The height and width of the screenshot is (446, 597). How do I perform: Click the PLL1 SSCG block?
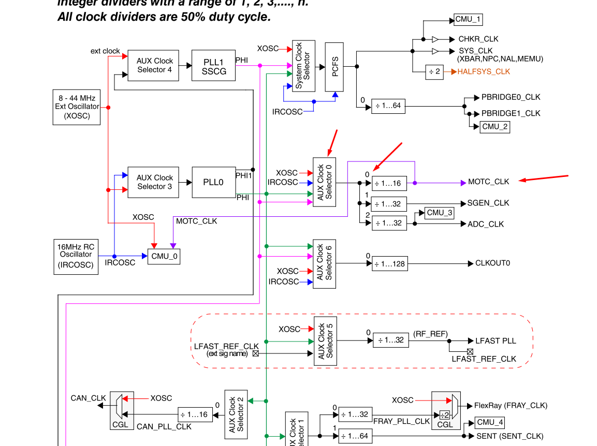point(213,66)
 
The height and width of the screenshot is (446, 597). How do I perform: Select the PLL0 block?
point(213,182)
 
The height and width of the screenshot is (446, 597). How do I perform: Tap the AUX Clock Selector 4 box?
point(154,65)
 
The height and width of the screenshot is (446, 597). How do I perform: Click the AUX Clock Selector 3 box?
point(154,182)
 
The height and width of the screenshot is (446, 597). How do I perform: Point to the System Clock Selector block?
point(303,66)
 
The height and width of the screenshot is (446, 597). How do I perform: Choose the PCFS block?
point(334,67)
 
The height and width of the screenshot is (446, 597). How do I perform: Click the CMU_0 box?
point(164,257)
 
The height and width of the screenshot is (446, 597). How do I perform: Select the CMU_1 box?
point(468,20)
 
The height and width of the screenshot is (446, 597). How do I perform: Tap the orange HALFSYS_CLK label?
point(483,72)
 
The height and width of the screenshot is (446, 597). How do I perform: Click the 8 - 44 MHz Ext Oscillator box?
point(76,107)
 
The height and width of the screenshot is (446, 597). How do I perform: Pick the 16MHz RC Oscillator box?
point(76,256)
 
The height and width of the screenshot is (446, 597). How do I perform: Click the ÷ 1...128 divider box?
point(390,264)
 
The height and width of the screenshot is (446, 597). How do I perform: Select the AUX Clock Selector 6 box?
point(325,263)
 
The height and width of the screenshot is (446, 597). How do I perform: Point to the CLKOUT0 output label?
point(492,263)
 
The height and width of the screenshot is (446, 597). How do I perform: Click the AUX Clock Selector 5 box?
point(325,341)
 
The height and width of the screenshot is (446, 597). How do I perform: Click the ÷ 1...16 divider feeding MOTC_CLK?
point(389,183)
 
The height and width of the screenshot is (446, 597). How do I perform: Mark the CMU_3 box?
point(440,213)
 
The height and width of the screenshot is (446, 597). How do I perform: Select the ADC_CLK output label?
point(486,224)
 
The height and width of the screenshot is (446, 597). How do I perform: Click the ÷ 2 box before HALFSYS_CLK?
point(435,72)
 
